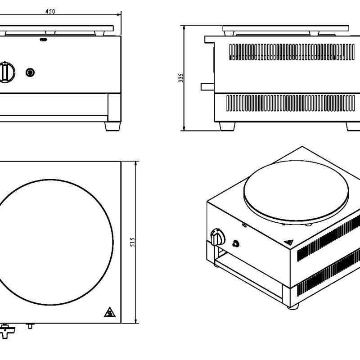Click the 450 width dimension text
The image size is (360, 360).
[50, 12]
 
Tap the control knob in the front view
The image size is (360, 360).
[7, 72]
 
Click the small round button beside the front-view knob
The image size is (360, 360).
[31, 72]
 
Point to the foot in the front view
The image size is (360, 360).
[113, 126]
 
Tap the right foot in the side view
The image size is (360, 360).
[354, 126]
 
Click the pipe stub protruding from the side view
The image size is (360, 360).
[207, 86]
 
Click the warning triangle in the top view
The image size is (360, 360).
[108, 312]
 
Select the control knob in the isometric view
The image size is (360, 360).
[217, 236]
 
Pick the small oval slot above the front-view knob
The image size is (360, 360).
[43, 39]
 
